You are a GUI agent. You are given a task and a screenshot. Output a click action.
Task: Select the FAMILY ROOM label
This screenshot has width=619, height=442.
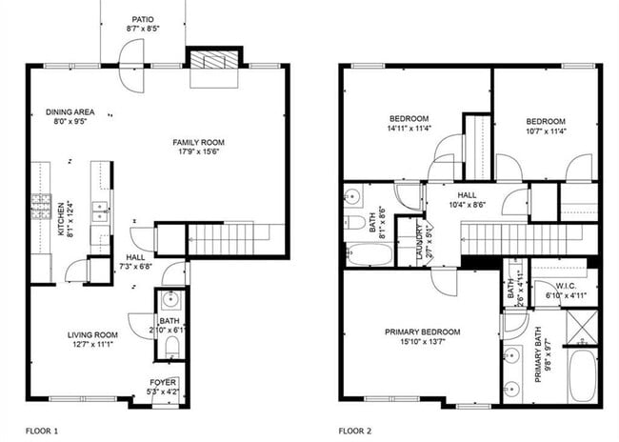tap(205, 142)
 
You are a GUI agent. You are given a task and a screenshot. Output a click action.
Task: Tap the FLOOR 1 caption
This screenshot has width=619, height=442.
tap(42, 431)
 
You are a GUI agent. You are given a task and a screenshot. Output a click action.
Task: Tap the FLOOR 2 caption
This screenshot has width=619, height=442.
tap(356, 431)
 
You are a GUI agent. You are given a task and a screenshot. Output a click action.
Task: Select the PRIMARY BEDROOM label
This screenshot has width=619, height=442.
tap(422, 331)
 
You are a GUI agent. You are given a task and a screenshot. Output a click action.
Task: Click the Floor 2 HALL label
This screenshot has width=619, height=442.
tap(467, 193)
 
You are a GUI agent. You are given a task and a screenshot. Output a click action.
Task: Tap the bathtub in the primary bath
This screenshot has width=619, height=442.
tap(583, 375)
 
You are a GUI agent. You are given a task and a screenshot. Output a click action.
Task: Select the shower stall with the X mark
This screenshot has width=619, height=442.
tap(581, 327)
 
